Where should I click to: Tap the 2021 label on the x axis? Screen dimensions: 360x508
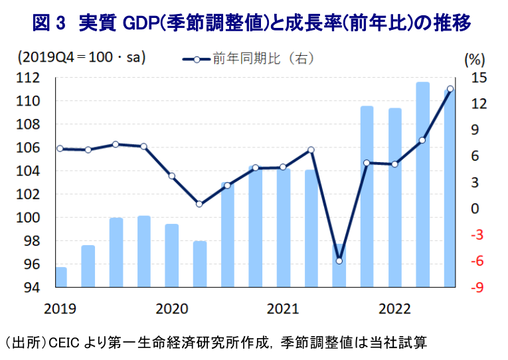tap(284, 308)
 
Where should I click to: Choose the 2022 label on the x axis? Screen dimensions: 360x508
tap(394, 308)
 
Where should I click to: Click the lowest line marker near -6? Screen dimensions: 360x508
tap(339, 261)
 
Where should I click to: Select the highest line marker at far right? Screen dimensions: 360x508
tap(450, 89)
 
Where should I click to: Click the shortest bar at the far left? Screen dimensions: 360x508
tap(60, 277)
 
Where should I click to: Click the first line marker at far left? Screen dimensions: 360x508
tap(60, 149)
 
